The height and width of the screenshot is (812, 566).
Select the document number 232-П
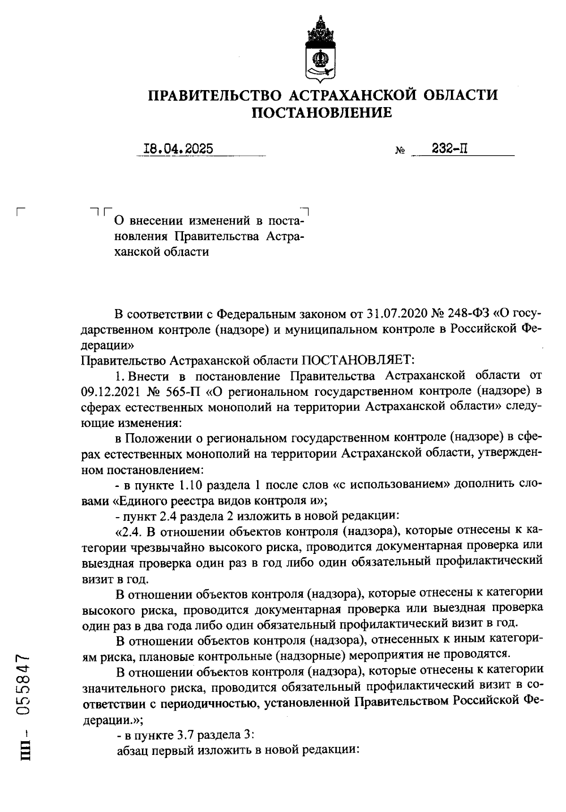point(449,149)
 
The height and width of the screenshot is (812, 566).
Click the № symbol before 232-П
point(400,151)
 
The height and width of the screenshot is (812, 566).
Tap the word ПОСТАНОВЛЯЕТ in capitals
point(358,361)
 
